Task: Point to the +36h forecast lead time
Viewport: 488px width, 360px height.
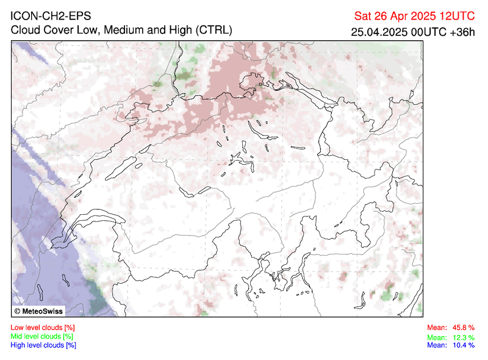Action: (x=461, y=31)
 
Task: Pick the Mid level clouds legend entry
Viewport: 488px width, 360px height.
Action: (x=42, y=336)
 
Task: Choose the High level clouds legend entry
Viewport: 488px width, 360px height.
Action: (x=43, y=345)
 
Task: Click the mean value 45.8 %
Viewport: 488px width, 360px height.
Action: (x=463, y=328)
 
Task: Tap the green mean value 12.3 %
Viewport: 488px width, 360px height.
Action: (x=463, y=337)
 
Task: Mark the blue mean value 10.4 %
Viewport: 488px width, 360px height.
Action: (x=463, y=345)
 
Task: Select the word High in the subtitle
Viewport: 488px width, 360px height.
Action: (x=176, y=30)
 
